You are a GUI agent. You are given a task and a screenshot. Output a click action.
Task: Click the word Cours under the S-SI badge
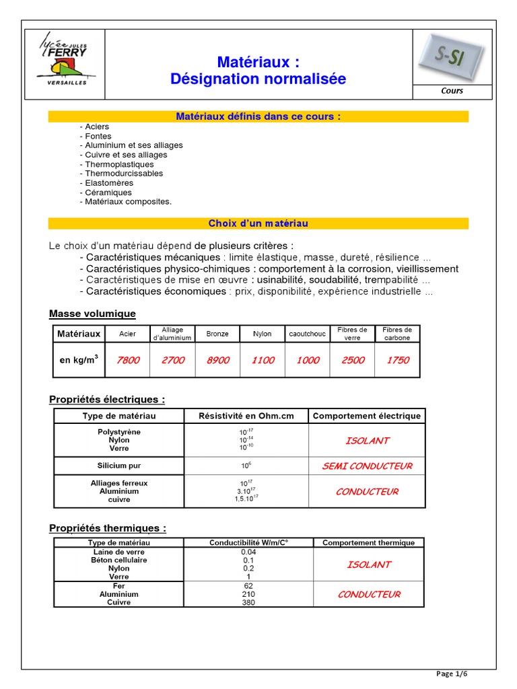coord(452,91)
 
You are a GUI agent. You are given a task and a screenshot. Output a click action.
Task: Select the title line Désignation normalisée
coord(258,79)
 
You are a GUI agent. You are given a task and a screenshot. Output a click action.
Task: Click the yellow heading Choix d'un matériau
coord(258,223)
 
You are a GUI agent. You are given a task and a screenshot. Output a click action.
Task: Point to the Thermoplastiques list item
coord(119,164)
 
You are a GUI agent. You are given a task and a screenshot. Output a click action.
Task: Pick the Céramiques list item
coord(108,192)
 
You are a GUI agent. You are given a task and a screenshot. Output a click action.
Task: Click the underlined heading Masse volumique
coord(92,314)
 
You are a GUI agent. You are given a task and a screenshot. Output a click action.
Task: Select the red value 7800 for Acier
coord(128,360)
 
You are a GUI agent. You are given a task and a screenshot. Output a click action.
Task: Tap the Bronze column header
coord(217,334)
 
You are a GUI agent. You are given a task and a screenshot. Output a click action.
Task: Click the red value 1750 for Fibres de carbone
coord(397,360)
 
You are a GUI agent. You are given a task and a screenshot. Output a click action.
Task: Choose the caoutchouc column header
coord(308,334)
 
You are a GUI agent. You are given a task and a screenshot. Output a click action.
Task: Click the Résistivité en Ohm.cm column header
coord(246,416)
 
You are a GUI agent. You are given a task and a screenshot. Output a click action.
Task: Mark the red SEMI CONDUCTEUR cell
coord(367,466)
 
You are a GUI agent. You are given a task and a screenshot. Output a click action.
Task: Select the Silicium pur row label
coord(119,466)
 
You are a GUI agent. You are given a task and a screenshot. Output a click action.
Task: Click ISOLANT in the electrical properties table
coord(367,441)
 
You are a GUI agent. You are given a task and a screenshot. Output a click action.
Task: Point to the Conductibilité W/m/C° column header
coord(248,542)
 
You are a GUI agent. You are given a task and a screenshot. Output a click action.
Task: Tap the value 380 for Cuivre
coord(248,603)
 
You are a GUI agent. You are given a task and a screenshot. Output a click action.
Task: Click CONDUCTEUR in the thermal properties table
coord(368,594)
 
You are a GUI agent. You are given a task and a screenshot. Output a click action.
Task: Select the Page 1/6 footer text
coord(451,674)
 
